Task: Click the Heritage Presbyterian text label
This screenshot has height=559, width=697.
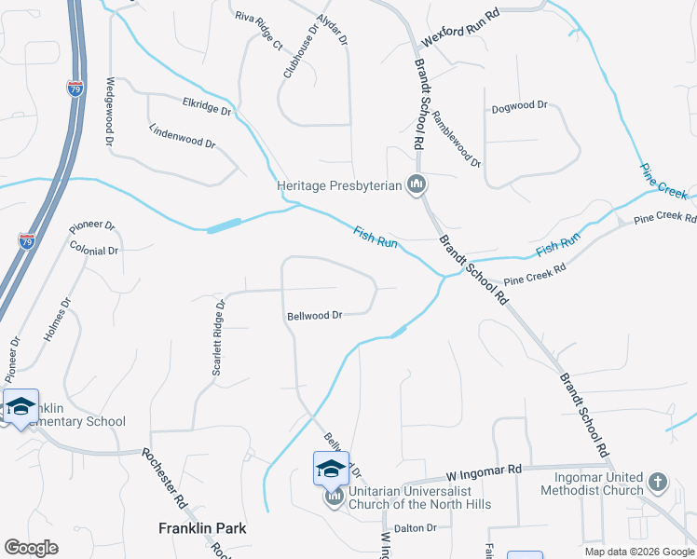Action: coord(339,185)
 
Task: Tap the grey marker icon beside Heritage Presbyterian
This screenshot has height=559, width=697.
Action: coord(417,185)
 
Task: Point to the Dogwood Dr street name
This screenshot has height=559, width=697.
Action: coord(519,106)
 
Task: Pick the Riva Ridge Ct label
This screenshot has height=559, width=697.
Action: coord(258,32)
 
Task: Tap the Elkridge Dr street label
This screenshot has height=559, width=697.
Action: coord(207,108)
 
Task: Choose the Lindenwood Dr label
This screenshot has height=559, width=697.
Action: coord(183,138)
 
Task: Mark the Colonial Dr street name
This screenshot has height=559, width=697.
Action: coord(94,250)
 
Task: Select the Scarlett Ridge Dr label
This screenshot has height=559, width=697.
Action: coord(218,337)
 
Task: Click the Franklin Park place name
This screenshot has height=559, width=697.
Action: coord(202,528)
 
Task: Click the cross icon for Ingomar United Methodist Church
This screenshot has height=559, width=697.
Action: coord(658,482)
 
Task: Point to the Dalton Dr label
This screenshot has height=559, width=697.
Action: coord(415,528)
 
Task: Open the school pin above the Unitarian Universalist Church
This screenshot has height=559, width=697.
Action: coord(331,469)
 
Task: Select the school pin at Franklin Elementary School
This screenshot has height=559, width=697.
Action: coord(20,407)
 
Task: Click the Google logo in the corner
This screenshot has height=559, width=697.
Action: coord(31,547)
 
